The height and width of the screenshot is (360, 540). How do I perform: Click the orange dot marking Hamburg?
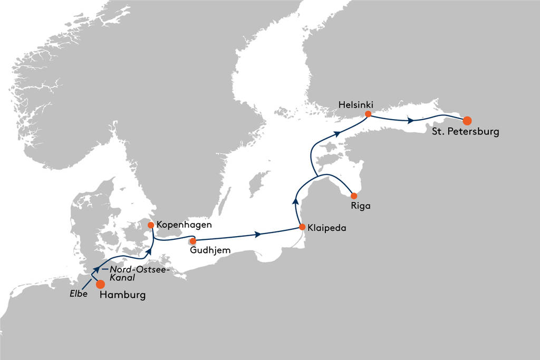[100, 284]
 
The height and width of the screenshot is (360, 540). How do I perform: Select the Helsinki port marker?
[368, 114]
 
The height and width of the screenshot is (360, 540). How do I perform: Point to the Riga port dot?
[354, 196]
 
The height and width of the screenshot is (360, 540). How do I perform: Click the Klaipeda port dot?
[302, 227]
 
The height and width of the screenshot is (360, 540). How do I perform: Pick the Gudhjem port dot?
[193, 241]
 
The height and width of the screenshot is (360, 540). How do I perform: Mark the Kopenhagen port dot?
[151, 225]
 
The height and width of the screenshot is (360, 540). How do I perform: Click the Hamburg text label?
[122, 295]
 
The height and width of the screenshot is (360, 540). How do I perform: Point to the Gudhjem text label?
[210, 250]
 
